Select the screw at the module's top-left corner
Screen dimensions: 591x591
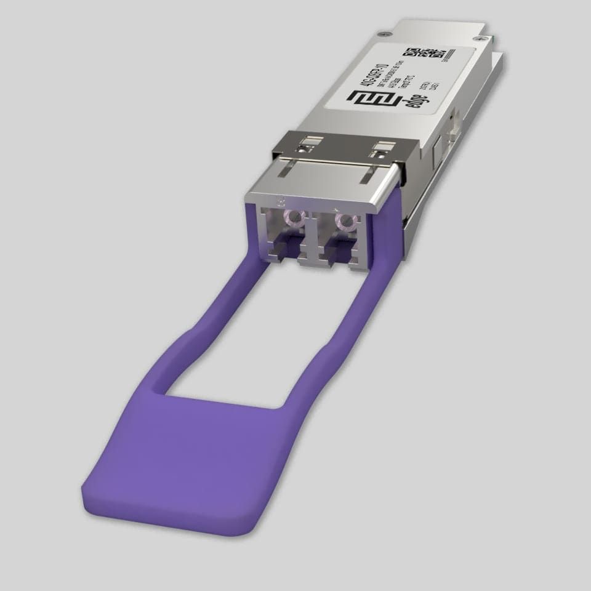pos(385,32)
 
